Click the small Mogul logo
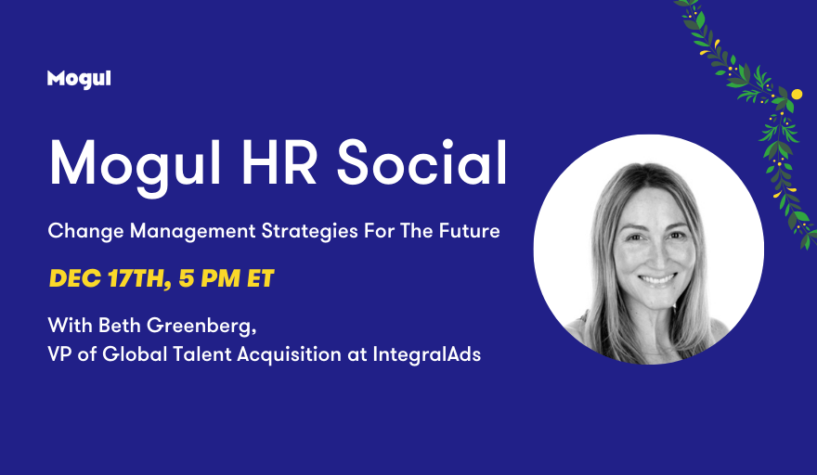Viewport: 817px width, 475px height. [x=79, y=79]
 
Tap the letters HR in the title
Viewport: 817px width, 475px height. [x=279, y=162]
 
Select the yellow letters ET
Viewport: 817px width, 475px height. [x=261, y=278]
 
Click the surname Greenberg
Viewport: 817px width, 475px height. [x=201, y=326]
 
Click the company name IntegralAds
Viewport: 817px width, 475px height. [x=426, y=355]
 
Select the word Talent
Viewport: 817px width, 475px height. [x=201, y=354]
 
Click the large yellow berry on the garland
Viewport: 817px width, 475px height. [x=797, y=95]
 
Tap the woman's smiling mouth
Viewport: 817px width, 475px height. [x=657, y=279]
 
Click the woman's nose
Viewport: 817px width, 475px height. [x=655, y=255]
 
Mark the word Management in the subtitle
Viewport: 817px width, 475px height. [x=193, y=231]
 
